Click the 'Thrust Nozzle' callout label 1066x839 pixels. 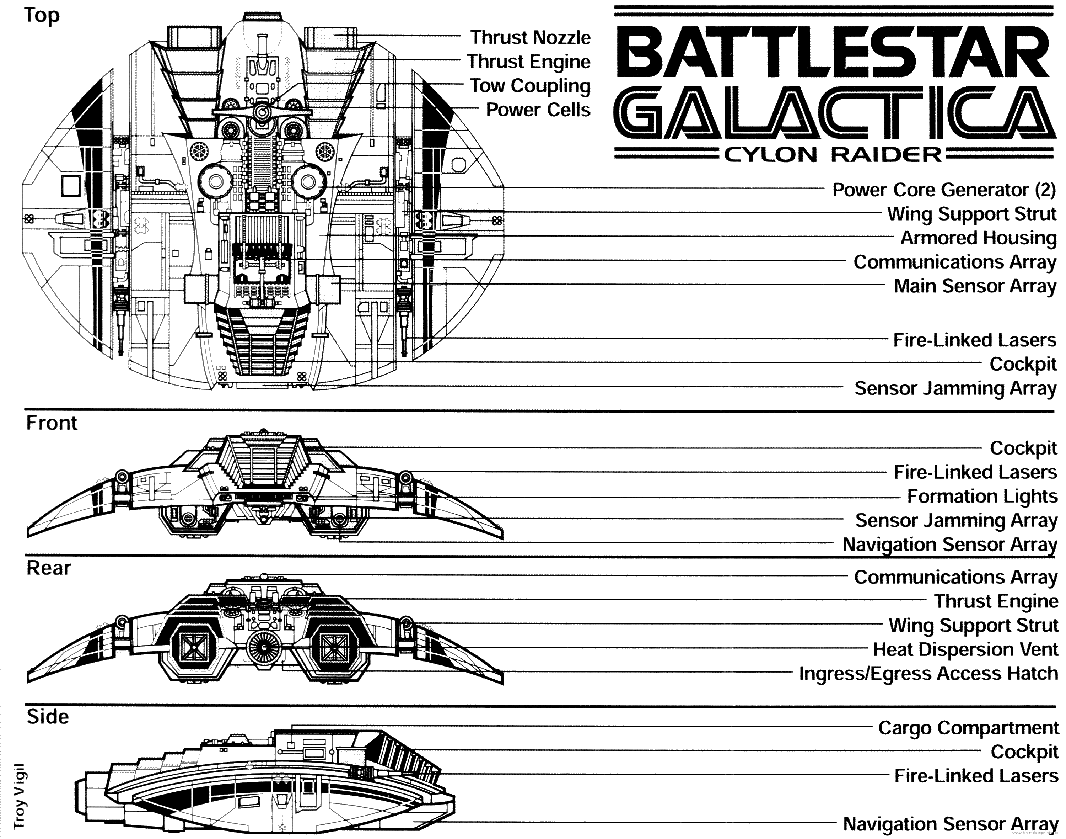pyautogui.click(x=530, y=37)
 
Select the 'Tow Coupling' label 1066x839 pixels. pyautogui.click(x=530, y=86)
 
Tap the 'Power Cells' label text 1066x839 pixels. pyautogui.click(x=538, y=110)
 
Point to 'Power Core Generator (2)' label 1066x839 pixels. pyautogui.click(x=943, y=190)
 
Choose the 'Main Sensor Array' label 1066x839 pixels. pyautogui.click(x=974, y=286)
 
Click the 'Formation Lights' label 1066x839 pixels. pyautogui.click(x=981, y=496)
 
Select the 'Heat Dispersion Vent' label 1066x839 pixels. pyautogui.click(x=965, y=650)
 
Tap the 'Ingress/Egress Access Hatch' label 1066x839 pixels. pyautogui.click(x=928, y=674)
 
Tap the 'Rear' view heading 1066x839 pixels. pyautogui.click(x=49, y=568)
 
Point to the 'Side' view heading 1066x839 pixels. pyautogui.click(x=48, y=717)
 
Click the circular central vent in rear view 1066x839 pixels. pyautogui.click(x=265, y=647)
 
